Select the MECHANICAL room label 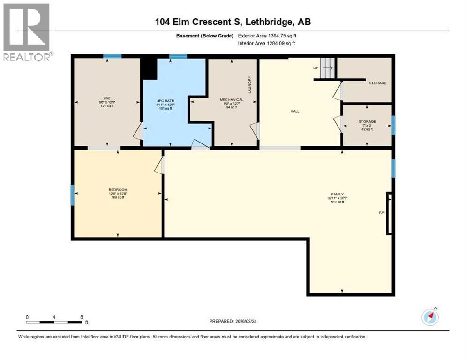[232, 99]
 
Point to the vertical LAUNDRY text [250, 84]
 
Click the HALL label [294, 111]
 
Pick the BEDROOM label [118, 190]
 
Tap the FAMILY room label [337, 194]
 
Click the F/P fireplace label [382, 213]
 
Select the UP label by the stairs [316, 68]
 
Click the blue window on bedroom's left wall [73, 195]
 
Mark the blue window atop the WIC [113, 56]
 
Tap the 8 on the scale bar [82, 317]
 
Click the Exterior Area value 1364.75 [274, 36]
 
